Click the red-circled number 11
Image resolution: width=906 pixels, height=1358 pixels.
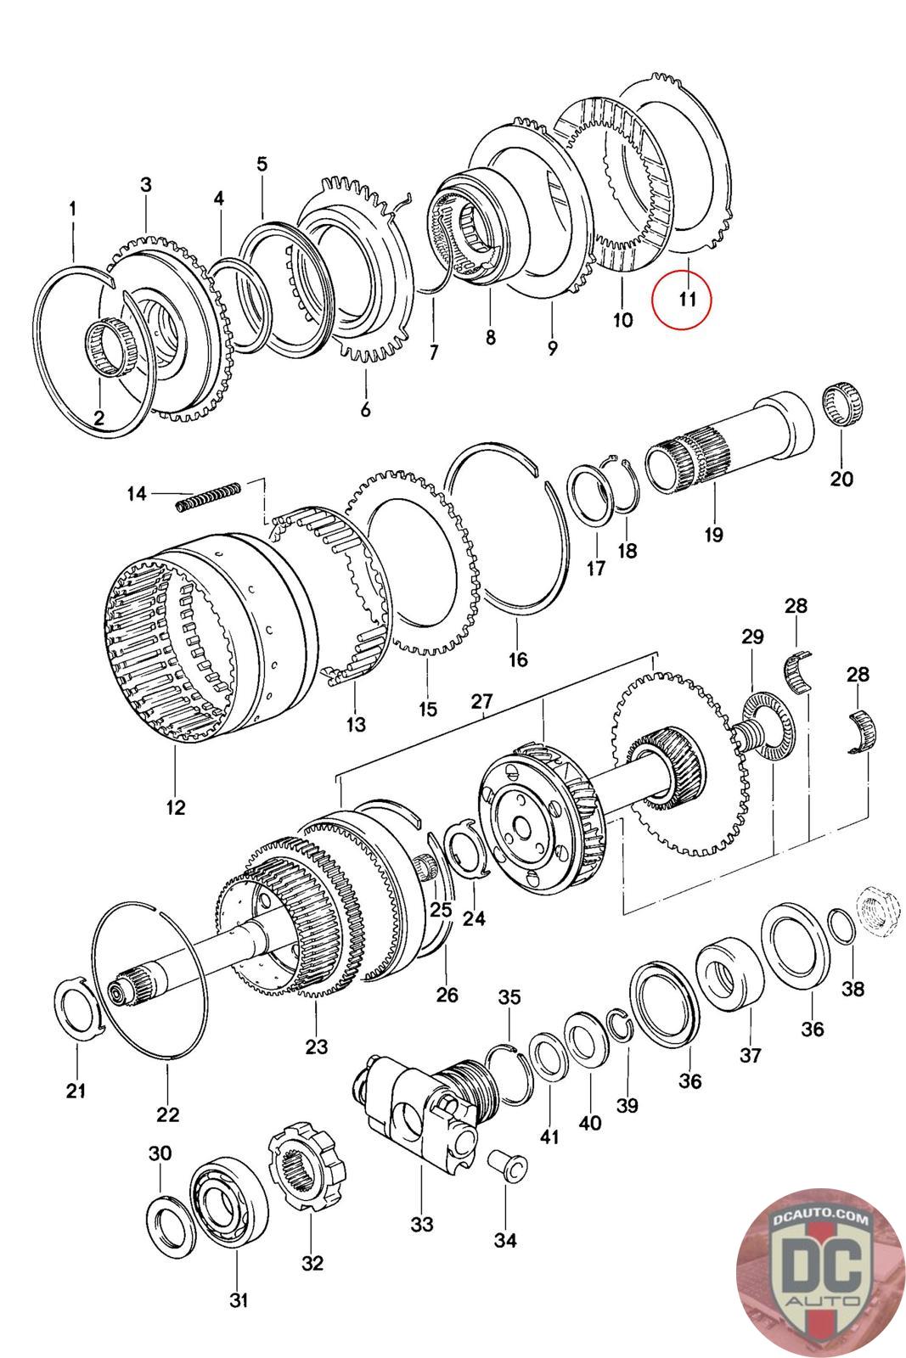point(686,299)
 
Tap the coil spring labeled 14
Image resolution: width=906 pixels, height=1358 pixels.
point(209,496)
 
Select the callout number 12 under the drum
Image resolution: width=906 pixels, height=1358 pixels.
point(175,807)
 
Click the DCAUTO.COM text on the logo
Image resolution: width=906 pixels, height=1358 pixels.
point(820,1217)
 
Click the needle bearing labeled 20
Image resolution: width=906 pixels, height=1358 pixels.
point(842,404)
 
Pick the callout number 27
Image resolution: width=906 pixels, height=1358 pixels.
point(481,701)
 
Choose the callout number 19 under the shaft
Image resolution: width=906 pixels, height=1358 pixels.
point(714,534)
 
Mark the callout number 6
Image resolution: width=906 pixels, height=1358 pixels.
point(365,410)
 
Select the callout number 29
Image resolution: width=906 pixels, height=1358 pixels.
point(752,637)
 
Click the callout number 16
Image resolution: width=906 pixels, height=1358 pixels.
point(518,659)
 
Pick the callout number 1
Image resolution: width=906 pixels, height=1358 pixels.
point(73,209)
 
